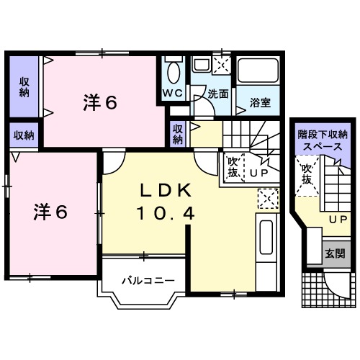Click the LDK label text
coord(164,190)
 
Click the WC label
coord(172,94)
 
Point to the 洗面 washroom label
coord(218,94)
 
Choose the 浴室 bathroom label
coord(261,102)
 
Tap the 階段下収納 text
coord(323,134)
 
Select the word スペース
coord(323,145)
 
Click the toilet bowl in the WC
coord(173,72)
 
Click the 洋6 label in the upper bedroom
coord(99,103)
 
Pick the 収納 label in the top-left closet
coord(24,86)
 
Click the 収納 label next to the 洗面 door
coord(178,134)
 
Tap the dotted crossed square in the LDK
coord(267,197)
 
